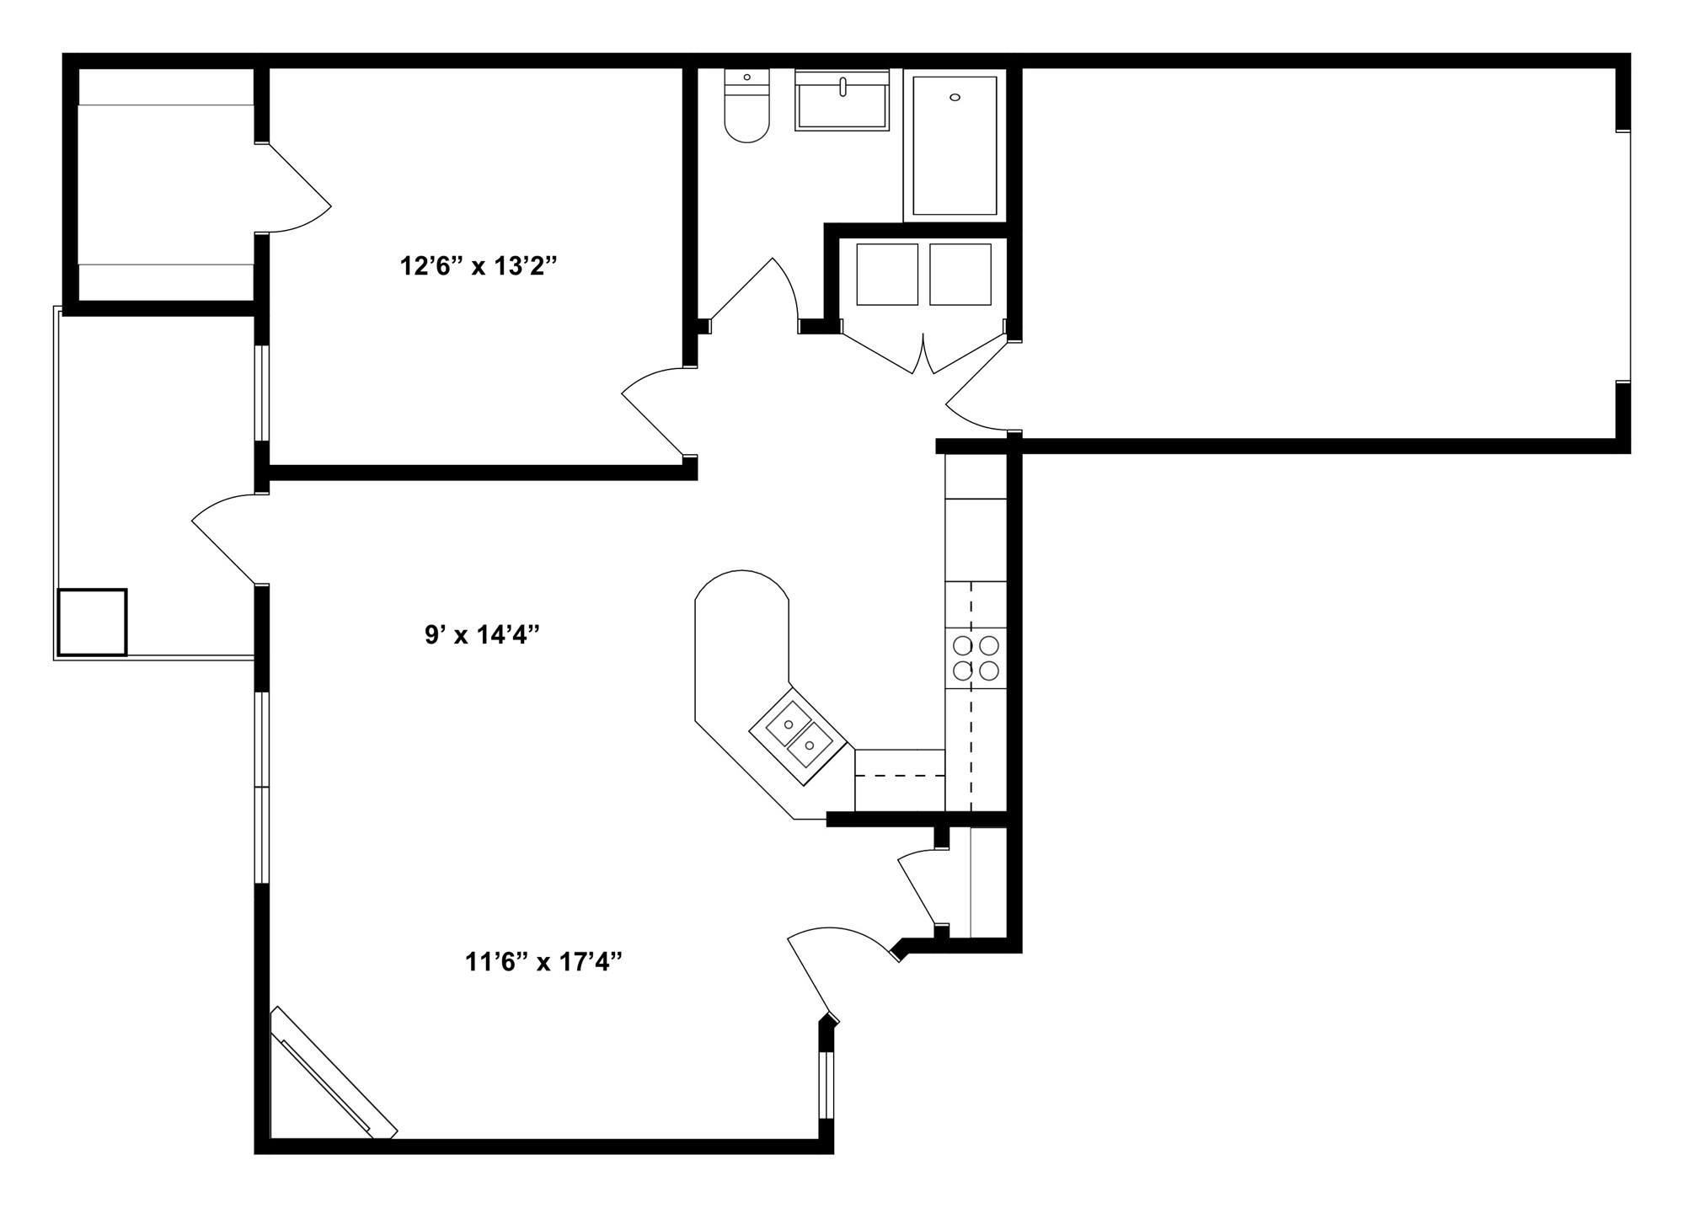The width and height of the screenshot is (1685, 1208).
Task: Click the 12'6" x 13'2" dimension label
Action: point(479,267)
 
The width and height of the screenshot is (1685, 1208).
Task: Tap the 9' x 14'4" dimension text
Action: point(481,634)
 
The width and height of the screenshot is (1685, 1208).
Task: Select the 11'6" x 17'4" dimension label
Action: point(543,961)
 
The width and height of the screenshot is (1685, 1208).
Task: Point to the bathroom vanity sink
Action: point(842,100)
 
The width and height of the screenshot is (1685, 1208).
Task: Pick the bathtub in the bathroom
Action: point(955,145)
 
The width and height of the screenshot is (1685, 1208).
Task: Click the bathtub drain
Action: point(955,98)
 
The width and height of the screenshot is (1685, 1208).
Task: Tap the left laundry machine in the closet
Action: point(886,275)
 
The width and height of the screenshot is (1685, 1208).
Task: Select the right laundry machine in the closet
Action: point(960,275)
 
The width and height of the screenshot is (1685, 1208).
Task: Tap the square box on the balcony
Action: point(92,623)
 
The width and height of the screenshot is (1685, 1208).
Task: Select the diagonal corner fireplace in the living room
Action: point(334,1073)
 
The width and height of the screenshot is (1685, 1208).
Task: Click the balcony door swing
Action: point(224,535)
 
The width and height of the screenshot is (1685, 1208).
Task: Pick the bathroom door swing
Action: point(754,295)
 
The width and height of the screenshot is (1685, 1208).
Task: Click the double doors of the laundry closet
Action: point(924,354)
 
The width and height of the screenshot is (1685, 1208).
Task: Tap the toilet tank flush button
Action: point(746,78)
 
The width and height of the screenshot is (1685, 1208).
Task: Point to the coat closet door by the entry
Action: point(918,888)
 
